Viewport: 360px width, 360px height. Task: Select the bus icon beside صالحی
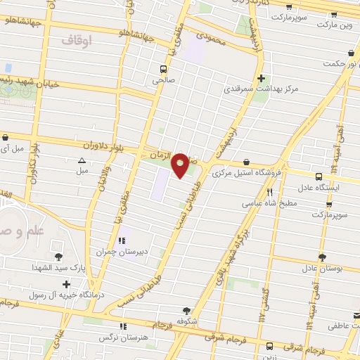click(x=163, y=69)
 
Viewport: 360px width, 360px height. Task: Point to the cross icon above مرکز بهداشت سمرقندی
click(x=262, y=78)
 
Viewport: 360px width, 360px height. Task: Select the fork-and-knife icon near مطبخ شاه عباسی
click(x=269, y=191)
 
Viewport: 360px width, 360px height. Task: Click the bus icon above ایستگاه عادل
click(x=319, y=176)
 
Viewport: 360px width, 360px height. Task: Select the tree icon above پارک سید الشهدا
click(x=58, y=257)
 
